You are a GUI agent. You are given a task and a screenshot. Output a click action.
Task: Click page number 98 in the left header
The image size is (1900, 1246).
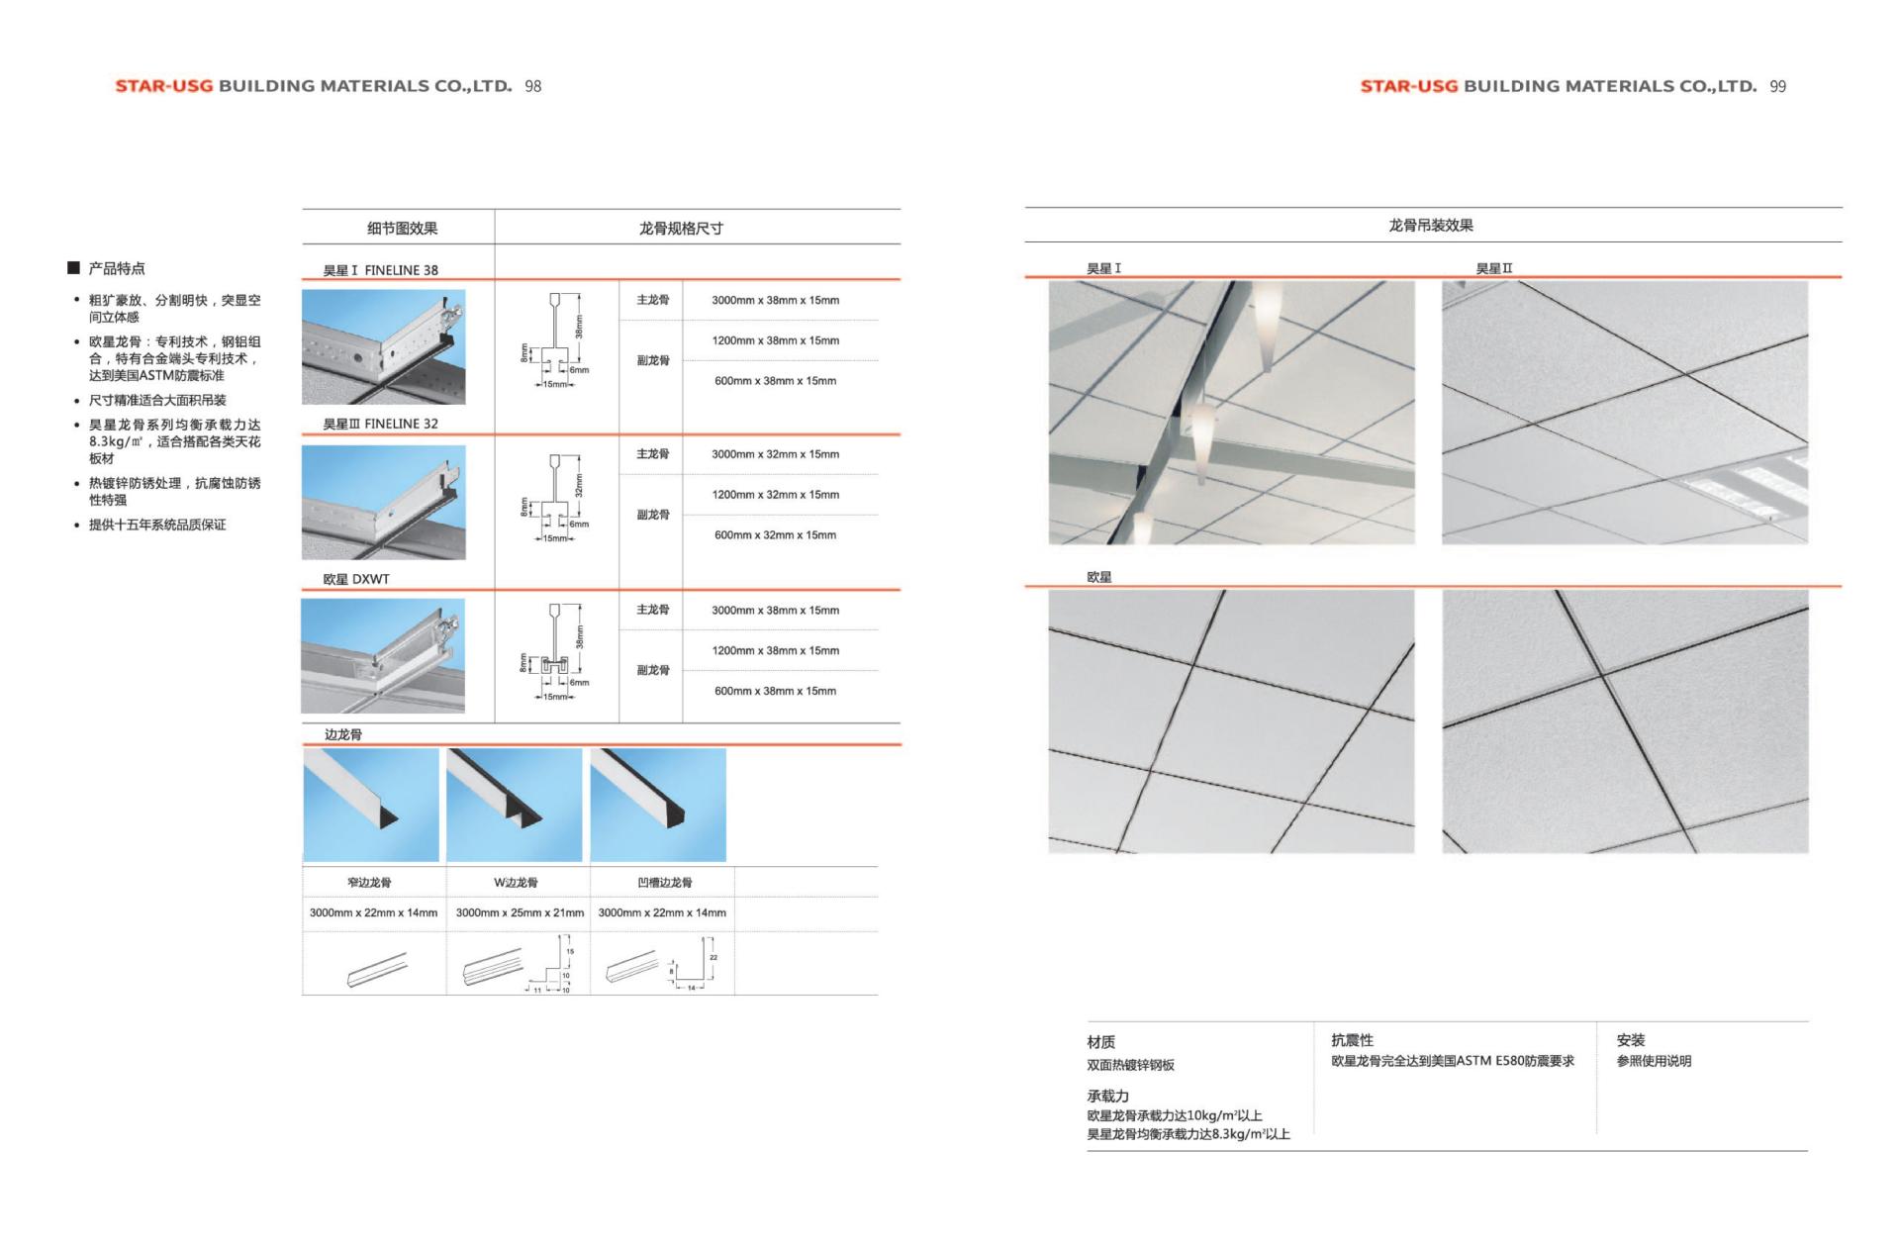[x=532, y=86]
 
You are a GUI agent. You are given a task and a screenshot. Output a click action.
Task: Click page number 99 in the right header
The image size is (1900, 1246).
[x=1777, y=86]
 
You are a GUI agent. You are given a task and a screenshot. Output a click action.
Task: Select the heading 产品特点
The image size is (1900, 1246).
[x=116, y=268]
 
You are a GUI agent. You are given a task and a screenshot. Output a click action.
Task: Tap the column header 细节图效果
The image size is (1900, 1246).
[x=402, y=229]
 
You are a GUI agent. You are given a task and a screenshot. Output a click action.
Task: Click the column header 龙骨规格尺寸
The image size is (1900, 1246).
[x=681, y=229]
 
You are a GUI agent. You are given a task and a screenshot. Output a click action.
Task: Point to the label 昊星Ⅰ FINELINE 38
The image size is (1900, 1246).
[x=380, y=270]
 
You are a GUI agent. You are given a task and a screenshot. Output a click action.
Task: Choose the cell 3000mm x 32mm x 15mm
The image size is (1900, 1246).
[x=775, y=454]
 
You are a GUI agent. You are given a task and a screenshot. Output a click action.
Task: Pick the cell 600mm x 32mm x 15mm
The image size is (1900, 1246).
[x=775, y=535]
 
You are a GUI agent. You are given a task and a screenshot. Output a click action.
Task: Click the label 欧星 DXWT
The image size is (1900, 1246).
[x=356, y=579]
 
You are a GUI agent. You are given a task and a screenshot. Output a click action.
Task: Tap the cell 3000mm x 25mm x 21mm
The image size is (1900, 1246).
[x=520, y=912]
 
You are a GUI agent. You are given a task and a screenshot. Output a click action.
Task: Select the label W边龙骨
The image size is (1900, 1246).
[x=516, y=882]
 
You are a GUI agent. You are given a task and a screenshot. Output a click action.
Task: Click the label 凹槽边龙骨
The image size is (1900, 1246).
[x=665, y=882]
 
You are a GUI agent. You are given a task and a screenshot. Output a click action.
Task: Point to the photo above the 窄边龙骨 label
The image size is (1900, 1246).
[x=371, y=805]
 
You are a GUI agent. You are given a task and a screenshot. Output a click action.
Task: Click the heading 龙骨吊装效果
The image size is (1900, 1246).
[x=1431, y=226]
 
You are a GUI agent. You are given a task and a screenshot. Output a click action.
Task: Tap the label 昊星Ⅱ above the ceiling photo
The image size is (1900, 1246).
[x=1493, y=268]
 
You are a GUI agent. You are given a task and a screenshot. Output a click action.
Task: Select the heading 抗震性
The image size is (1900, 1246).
[x=1352, y=1040]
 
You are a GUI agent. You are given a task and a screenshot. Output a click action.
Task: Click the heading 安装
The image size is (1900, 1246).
[x=1630, y=1040]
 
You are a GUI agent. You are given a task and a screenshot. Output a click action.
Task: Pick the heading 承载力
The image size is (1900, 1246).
[x=1107, y=1096]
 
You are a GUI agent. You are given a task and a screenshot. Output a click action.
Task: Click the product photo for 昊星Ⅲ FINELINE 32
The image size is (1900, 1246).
[x=383, y=502]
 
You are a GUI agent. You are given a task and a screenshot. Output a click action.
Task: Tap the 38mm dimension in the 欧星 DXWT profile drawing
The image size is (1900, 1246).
[x=580, y=636]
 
